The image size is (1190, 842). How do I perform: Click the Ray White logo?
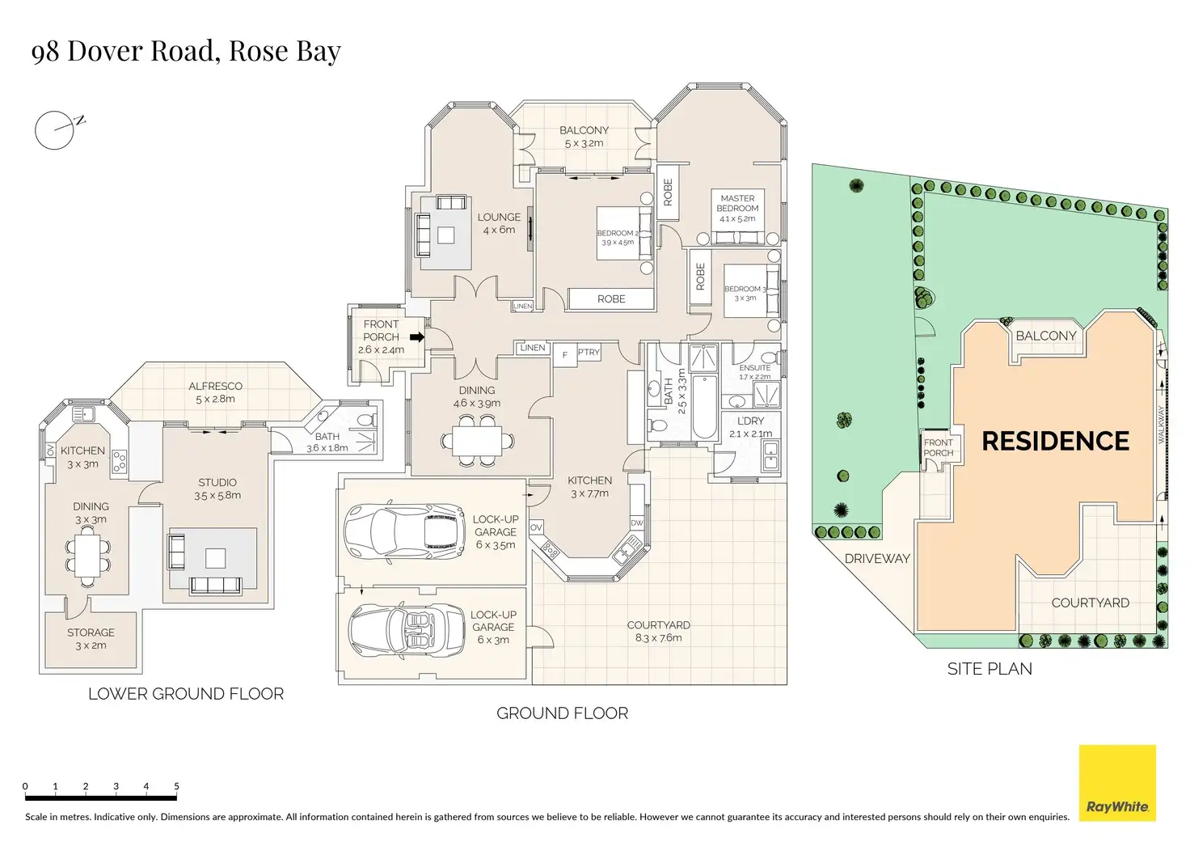point(1117,783)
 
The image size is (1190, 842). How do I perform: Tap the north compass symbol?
point(55,130)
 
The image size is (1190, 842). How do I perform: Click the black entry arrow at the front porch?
point(417,337)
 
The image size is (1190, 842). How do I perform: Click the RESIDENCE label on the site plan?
point(1055,441)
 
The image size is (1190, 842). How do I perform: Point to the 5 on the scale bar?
point(176,786)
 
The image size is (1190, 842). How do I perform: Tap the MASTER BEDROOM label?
point(737,203)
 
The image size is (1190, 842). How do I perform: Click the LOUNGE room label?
point(499,218)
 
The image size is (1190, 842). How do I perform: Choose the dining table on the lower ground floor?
point(90,553)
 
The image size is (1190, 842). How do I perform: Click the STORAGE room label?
point(91,633)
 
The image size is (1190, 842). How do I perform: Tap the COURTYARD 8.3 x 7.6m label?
point(658,631)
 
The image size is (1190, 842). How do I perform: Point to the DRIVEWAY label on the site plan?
point(877,559)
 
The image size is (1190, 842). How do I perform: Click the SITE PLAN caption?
point(990,669)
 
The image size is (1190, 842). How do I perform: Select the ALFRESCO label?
point(215,387)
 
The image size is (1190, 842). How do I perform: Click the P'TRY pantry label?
point(589,353)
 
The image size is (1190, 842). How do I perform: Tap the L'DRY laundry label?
point(750,421)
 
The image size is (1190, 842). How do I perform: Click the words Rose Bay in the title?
point(285,51)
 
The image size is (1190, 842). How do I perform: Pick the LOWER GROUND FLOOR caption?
point(186,694)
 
